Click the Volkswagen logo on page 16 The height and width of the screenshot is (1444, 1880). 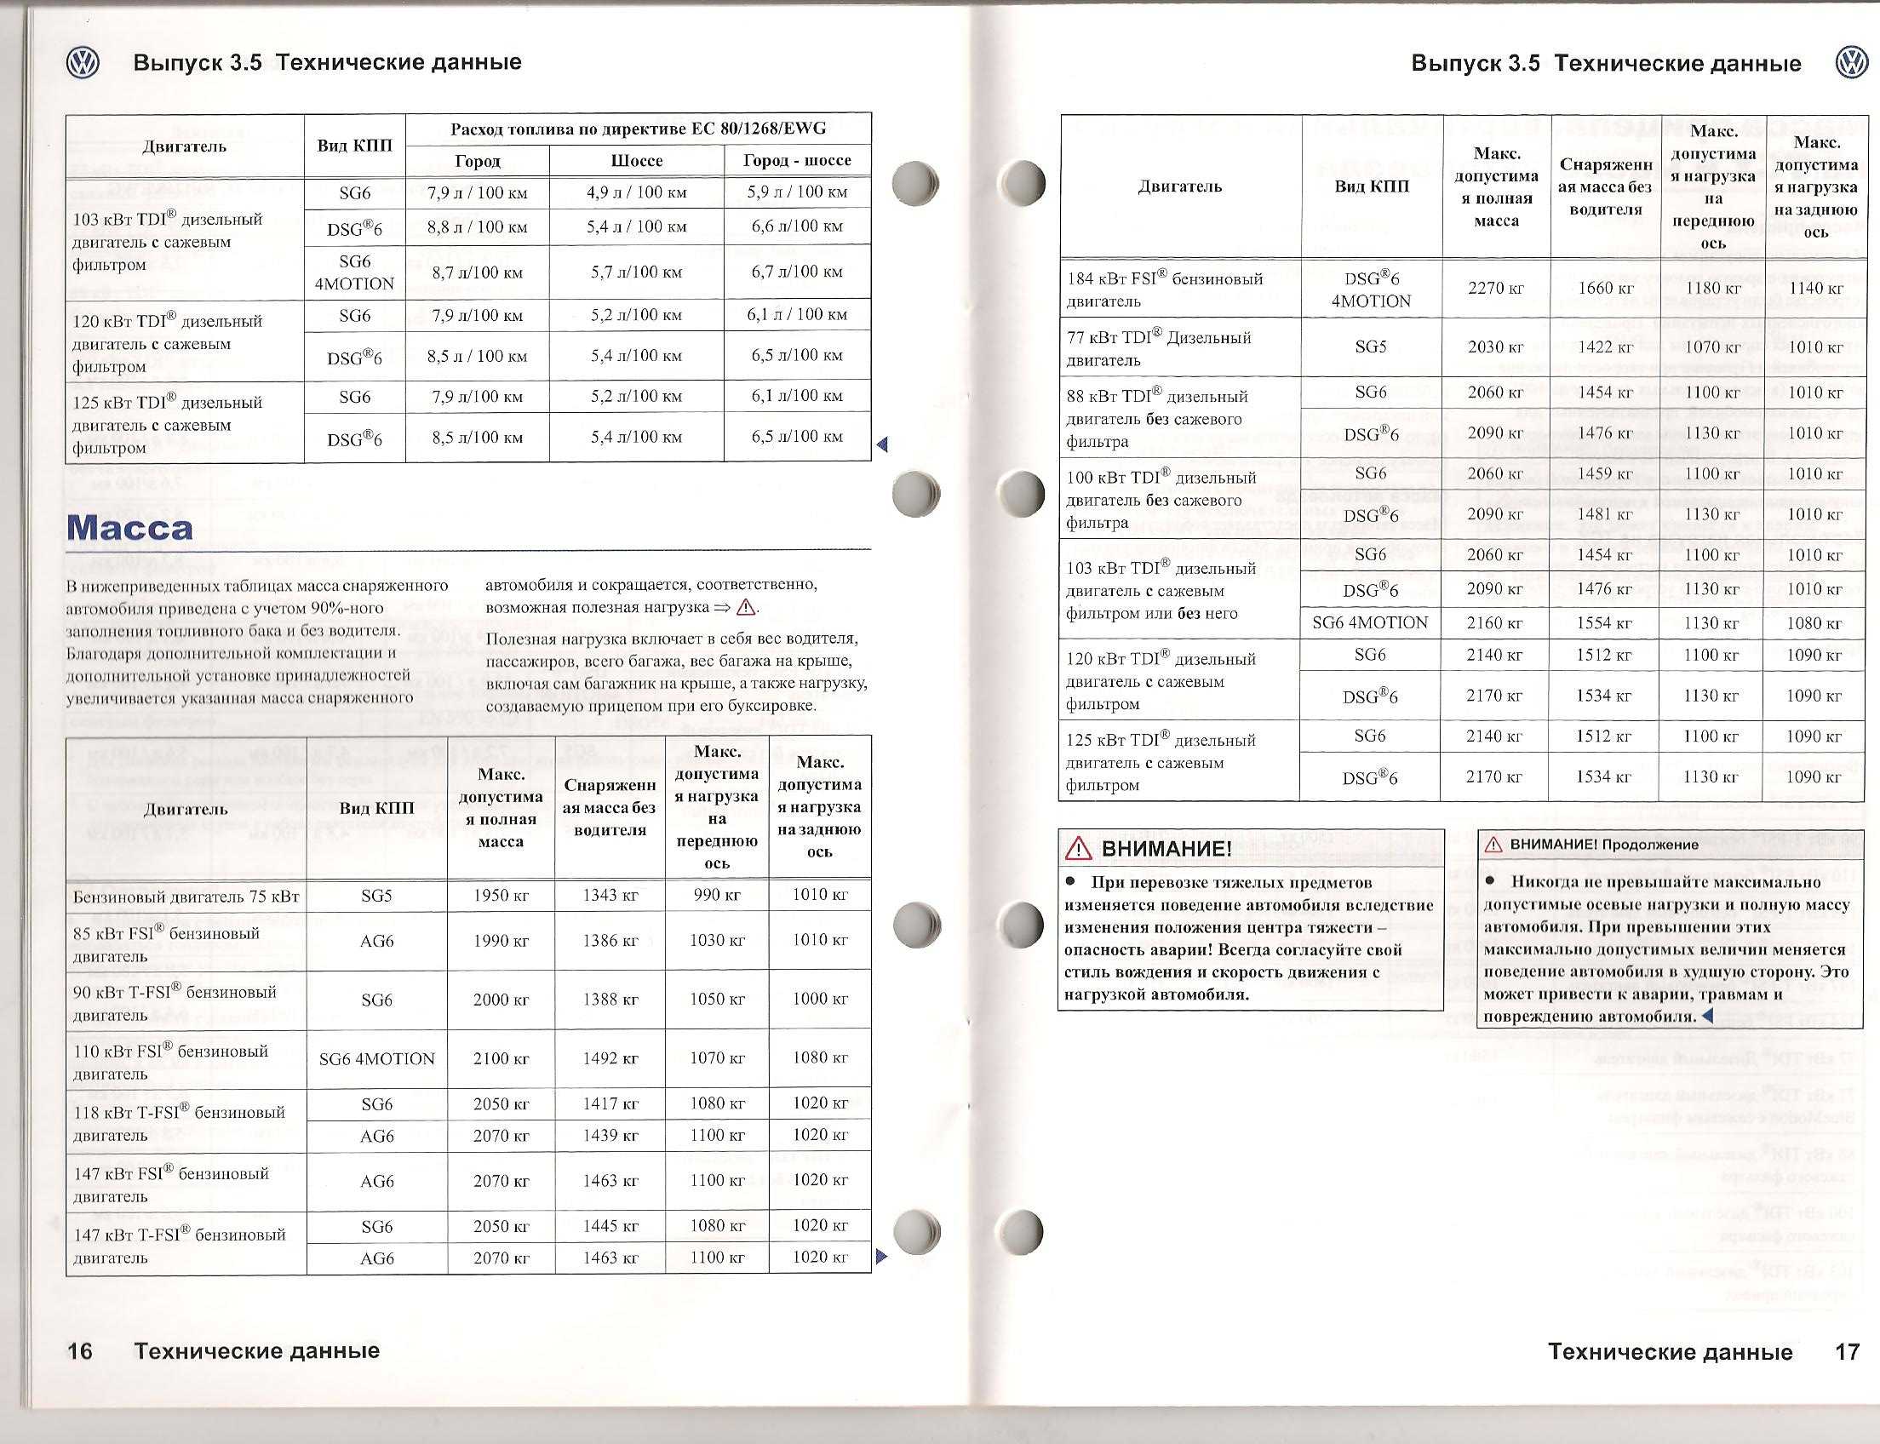point(83,63)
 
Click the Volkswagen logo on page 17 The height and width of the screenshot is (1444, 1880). point(1852,64)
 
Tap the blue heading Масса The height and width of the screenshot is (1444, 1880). point(129,528)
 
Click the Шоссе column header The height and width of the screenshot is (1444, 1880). point(636,161)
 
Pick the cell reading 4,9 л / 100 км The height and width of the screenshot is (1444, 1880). point(636,192)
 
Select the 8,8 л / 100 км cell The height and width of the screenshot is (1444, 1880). point(476,227)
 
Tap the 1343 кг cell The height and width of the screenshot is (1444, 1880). point(610,896)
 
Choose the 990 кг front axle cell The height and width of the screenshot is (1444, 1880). point(717,896)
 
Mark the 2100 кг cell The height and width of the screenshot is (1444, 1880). point(501,1059)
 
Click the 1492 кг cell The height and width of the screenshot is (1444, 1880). point(610,1059)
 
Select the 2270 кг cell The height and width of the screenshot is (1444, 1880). point(1496,289)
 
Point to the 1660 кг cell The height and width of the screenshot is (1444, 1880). point(1605,289)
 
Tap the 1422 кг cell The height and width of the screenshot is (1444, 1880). point(1605,347)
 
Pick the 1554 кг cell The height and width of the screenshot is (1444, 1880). point(1605,623)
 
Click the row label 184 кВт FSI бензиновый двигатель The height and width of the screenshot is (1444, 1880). point(1165,289)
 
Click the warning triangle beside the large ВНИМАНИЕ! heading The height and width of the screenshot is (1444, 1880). point(1078,850)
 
